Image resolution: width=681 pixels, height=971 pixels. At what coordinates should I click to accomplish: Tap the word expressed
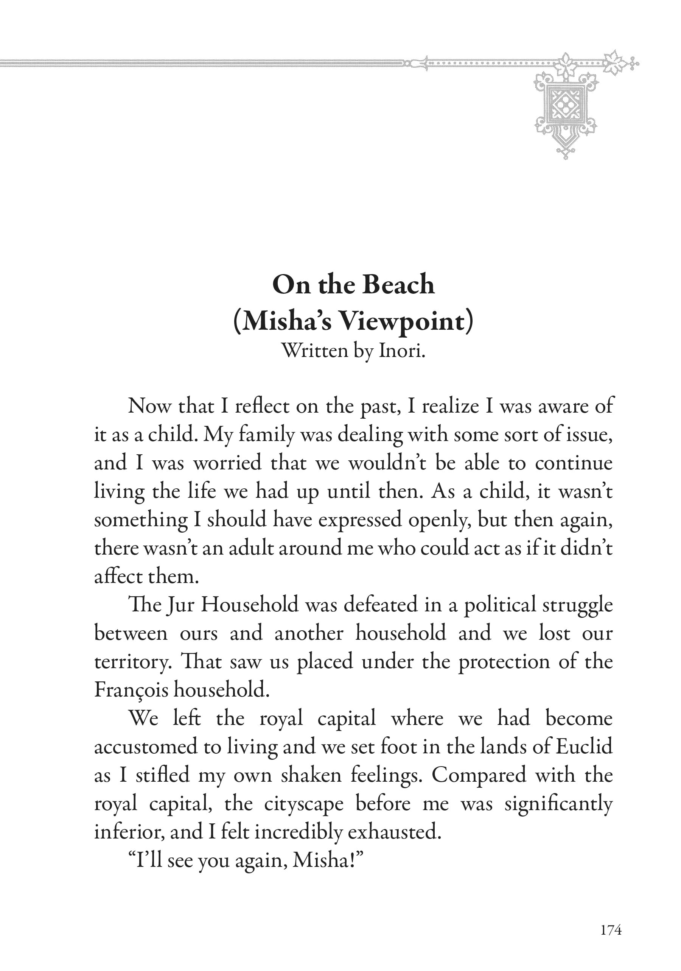coord(359,520)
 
